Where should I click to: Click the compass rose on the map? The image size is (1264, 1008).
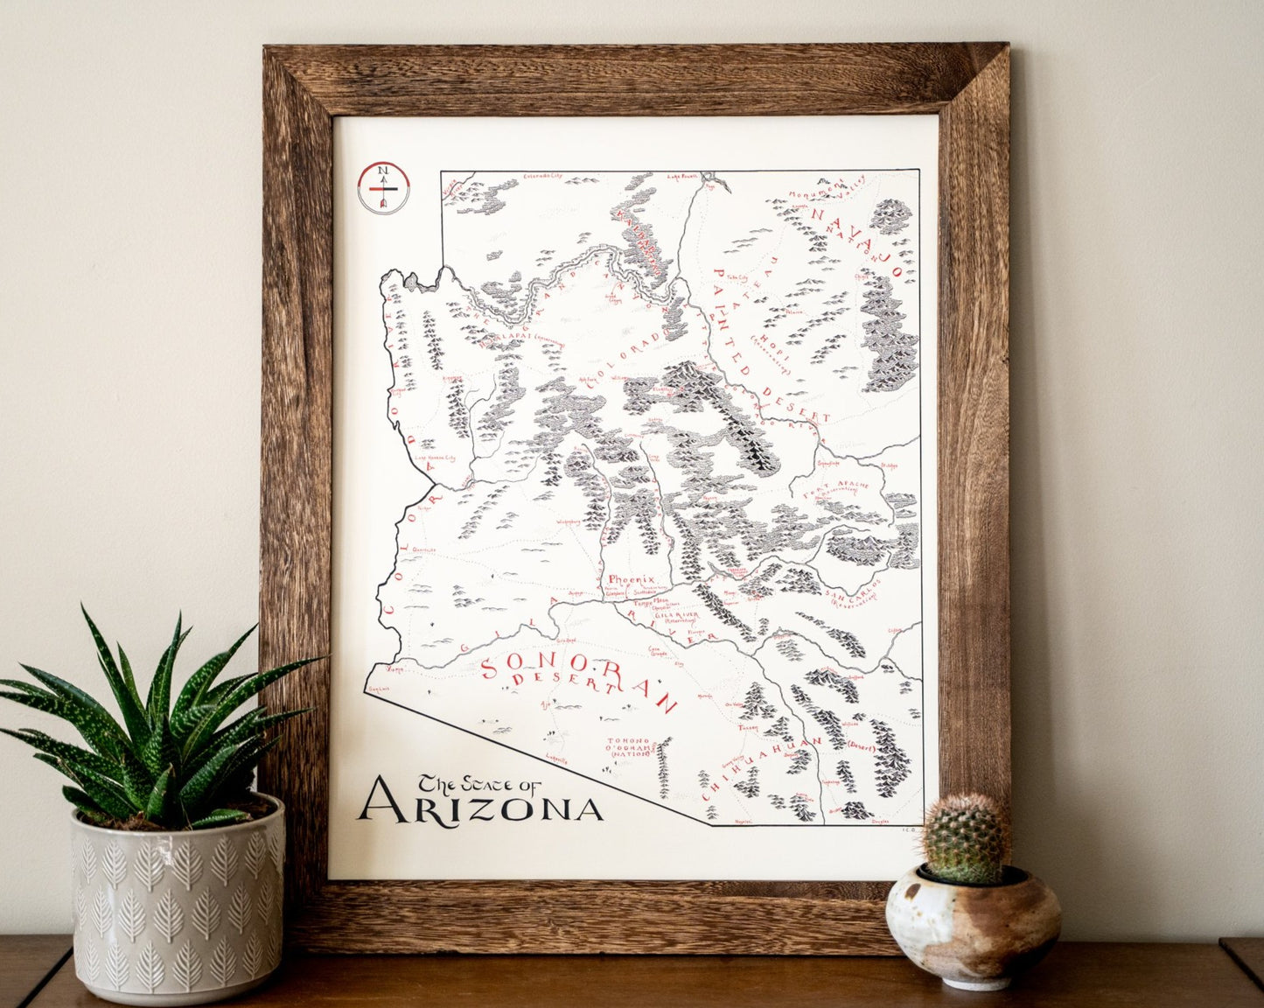click(382, 186)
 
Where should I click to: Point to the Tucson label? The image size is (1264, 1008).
click(748, 727)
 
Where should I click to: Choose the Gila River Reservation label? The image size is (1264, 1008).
click(674, 618)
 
